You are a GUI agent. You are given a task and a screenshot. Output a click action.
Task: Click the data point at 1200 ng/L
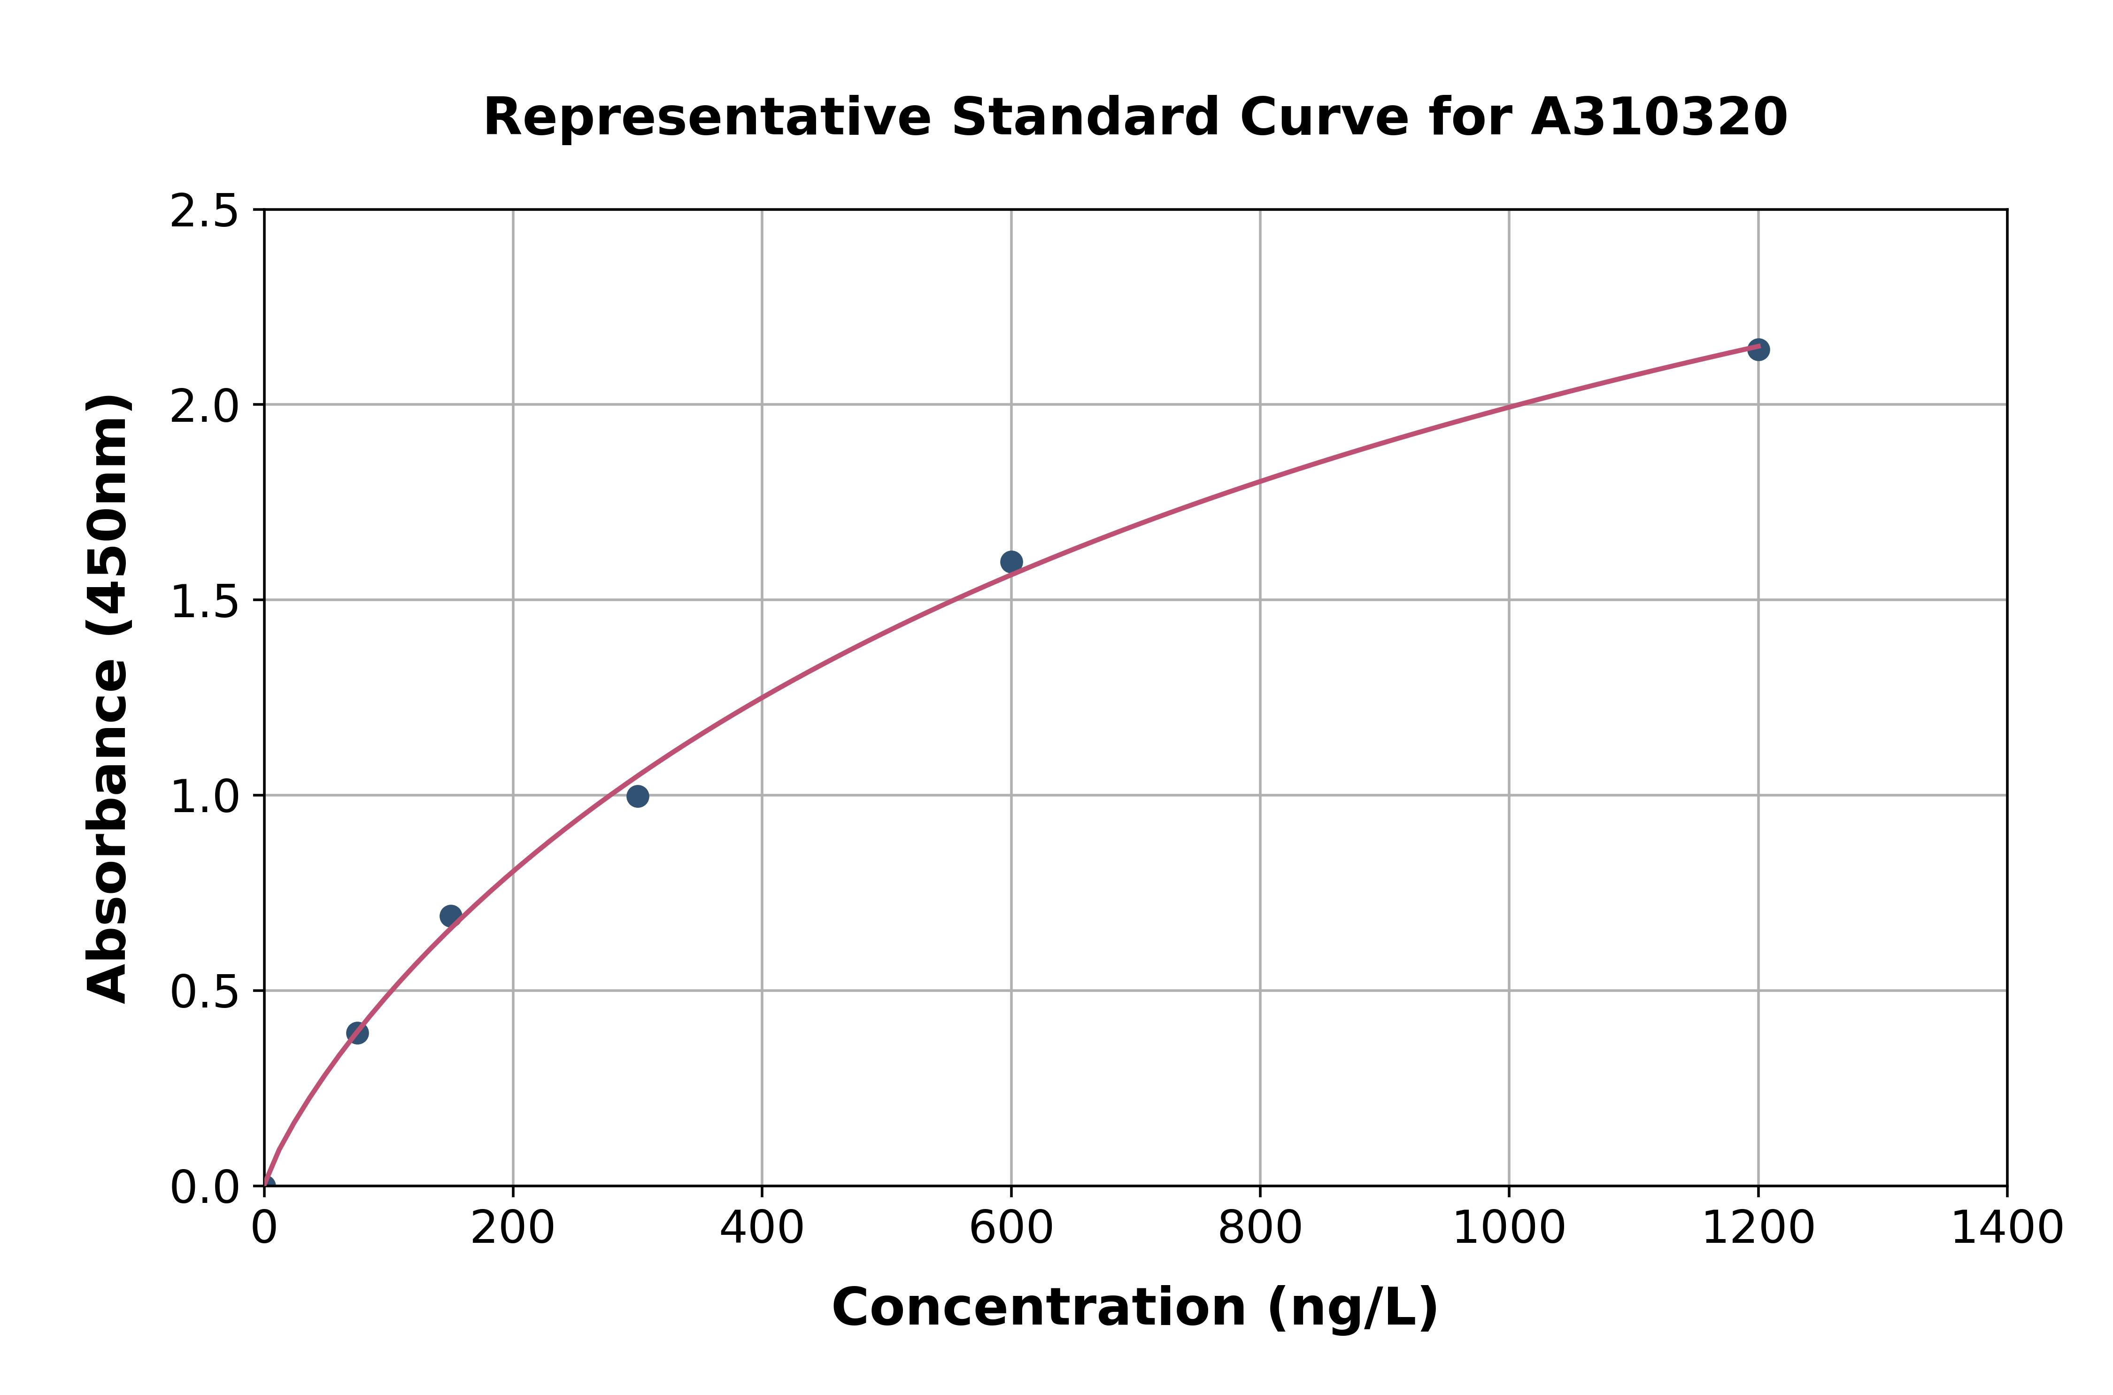click(x=1757, y=349)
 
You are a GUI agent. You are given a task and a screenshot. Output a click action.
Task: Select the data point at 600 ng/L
click(x=1011, y=561)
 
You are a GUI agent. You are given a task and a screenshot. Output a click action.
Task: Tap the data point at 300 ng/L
click(x=638, y=796)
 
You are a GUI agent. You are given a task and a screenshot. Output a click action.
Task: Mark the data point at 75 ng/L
click(x=357, y=1033)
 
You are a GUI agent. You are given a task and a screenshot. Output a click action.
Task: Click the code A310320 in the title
click(x=1658, y=117)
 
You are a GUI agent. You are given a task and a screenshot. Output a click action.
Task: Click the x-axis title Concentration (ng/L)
click(x=1135, y=1308)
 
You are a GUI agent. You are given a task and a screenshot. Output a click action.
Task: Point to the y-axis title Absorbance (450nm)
click(x=108, y=698)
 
